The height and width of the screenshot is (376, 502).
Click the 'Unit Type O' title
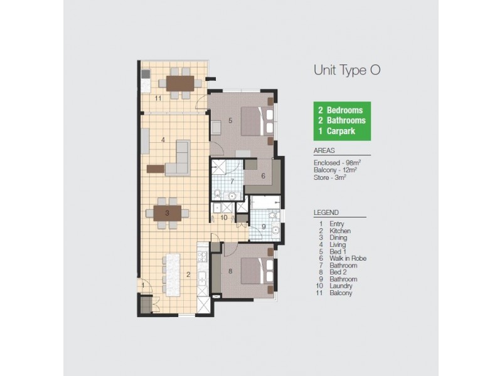point(347,70)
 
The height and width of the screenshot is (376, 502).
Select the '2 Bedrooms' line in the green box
point(341,110)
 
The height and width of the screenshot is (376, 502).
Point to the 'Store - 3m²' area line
point(330,177)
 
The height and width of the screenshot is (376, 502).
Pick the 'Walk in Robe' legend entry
point(347,258)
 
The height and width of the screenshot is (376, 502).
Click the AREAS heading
point(324,151)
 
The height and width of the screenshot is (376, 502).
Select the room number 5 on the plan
point(230,120)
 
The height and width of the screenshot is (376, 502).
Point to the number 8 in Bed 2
point(230,271)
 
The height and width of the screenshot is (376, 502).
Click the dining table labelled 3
point(167,212)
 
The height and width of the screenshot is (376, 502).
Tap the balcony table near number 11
point(179,83)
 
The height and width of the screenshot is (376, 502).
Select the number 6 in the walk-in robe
point(263,177)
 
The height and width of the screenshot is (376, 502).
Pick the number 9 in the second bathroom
point(264,227)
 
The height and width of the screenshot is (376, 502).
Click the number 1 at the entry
point(143,286)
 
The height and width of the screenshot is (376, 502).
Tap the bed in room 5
point(256,121)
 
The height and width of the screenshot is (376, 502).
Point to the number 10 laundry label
point(224,217)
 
